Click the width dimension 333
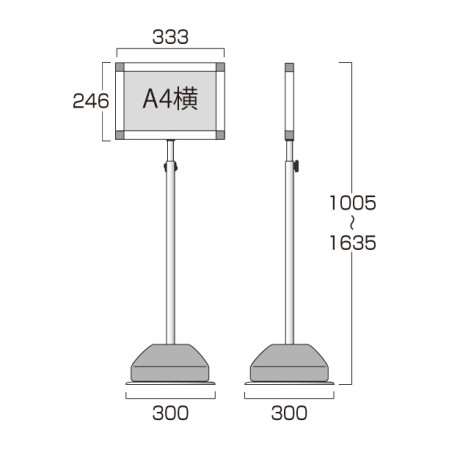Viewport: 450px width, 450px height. coord(170,37)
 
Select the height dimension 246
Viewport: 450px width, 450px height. coord(91,101)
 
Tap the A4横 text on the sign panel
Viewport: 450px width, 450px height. coord(170,99)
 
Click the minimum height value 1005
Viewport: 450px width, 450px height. coord(353,203)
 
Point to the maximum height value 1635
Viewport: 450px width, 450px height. coord(353,243)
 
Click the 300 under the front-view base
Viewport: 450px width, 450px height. coord(170,413)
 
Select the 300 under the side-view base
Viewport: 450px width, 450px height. coord(289,413)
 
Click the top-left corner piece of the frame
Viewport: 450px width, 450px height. coord(120,67)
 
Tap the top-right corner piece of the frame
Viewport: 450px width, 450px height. coord(220,67)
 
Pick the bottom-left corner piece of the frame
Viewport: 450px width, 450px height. coord(120,135)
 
